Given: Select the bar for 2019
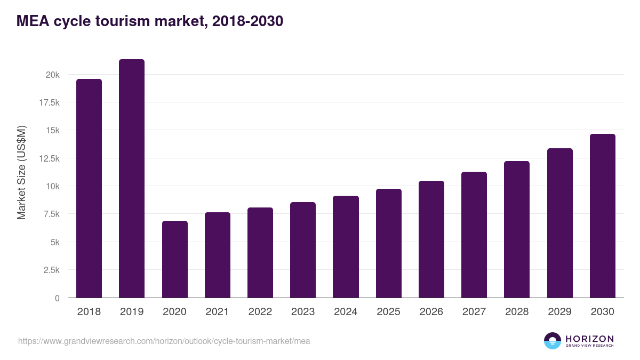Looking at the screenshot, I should (132, 179).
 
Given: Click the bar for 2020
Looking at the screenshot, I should (174, 259).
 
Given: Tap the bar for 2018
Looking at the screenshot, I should (89, 188).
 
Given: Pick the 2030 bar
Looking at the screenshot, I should (602, 216).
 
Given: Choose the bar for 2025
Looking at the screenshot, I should (388, 243).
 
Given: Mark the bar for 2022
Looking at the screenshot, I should (260, 253).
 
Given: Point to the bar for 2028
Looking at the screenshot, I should (517, 229).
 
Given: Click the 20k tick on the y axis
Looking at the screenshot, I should (52, 75).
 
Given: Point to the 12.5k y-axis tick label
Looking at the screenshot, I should (49, 158).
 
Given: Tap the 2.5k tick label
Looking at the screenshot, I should (51, 270).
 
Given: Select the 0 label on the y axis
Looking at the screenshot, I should (57, 298).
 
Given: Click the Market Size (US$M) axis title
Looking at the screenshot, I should (21, 172).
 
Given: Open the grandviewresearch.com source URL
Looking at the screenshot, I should (164, 341).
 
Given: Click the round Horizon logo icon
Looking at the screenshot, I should (553, 341).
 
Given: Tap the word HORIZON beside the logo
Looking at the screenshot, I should (589, 339).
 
